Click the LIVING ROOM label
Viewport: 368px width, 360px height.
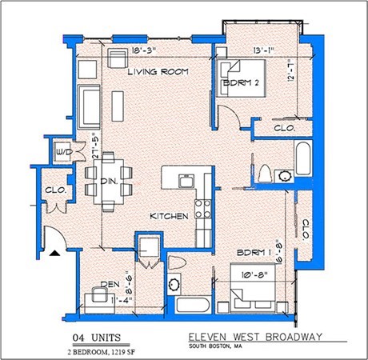[x=158, y=72]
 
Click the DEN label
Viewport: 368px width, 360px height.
[x=110, y=285]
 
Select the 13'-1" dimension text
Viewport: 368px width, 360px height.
[x=262, y=51]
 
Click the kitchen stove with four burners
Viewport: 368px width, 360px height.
[x=203, y=207]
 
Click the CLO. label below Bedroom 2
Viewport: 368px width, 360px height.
[x=285, y=127]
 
